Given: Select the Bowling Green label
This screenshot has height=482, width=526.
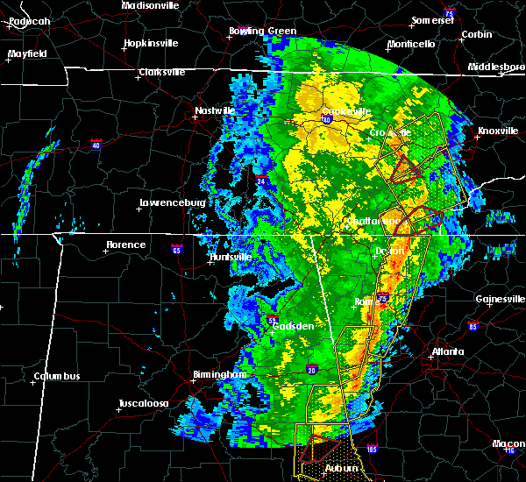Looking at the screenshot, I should click(x=262, y=31).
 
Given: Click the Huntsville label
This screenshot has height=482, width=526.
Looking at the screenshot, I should click(x=230, y=257).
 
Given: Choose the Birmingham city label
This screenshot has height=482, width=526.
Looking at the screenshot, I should click(x=219, y=374).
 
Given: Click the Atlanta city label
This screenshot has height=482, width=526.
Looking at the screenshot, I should click(x=447, y=352).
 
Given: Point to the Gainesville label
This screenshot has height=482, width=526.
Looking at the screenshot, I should click(x=500, y=299).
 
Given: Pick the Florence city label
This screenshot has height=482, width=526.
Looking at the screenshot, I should click(x=125, y=245).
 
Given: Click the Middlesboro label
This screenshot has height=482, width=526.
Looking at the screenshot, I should click(x=495, y=67).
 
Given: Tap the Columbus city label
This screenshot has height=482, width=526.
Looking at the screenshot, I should click(x=57, y=377).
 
